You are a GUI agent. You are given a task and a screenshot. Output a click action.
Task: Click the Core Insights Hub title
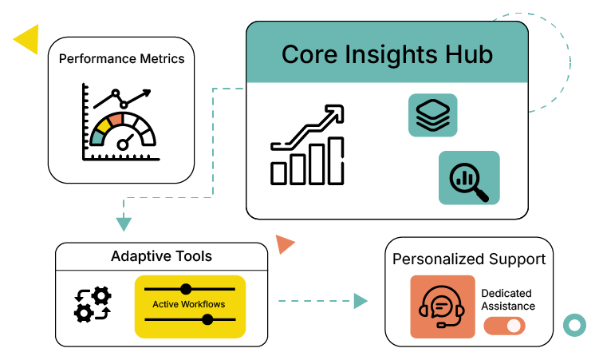click(387, 55)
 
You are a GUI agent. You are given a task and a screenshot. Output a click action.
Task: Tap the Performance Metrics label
click(121, 58)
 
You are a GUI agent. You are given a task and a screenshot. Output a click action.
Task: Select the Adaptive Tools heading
click(161, 256)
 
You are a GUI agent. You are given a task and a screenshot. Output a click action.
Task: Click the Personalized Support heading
click(469, 259)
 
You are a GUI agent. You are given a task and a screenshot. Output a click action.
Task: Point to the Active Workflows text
click(189, 304)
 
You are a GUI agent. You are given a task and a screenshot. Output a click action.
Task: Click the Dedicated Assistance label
click(508, 299)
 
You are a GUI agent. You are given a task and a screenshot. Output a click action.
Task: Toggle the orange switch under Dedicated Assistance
click(504, 326)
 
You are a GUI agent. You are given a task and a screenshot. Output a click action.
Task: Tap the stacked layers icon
click(433, 115)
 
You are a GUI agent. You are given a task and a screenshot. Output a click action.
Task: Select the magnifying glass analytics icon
click(469, 177)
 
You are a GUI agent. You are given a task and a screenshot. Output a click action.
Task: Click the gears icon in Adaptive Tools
click(93, 304)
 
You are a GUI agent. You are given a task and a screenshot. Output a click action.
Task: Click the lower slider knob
click(208, 320)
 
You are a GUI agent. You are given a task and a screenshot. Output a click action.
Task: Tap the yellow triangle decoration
click(27, 39)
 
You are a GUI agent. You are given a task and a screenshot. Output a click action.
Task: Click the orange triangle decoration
click(284, 244)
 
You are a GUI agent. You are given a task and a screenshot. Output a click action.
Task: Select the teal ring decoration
click(573, 325)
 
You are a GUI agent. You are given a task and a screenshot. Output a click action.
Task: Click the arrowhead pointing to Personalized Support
click(361, 301)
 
